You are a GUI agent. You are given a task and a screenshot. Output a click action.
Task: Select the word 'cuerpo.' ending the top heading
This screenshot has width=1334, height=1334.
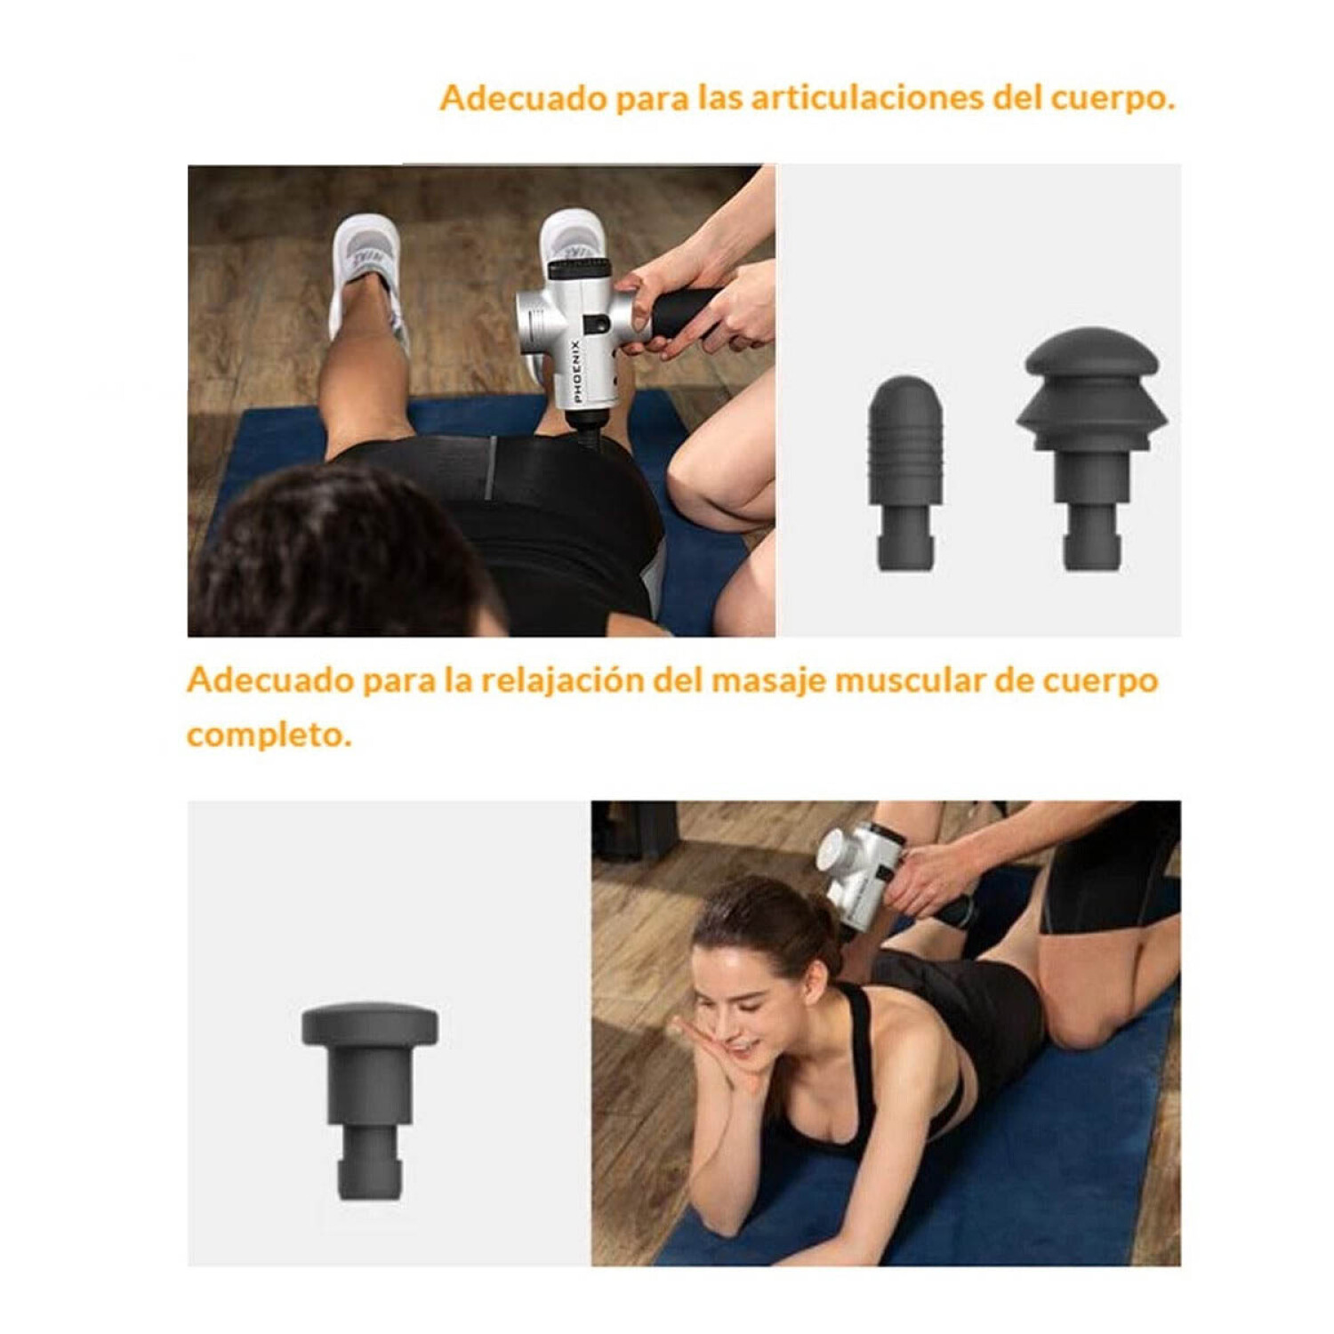(x=1113, y=98)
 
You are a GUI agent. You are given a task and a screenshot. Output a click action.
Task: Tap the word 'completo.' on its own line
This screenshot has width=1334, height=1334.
(x=269, y=735)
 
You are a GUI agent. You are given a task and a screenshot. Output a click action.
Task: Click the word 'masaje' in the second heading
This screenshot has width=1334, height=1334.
(x=769, y=680)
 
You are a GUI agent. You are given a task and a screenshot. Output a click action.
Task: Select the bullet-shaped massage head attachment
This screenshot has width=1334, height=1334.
(x=905, y=471)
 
